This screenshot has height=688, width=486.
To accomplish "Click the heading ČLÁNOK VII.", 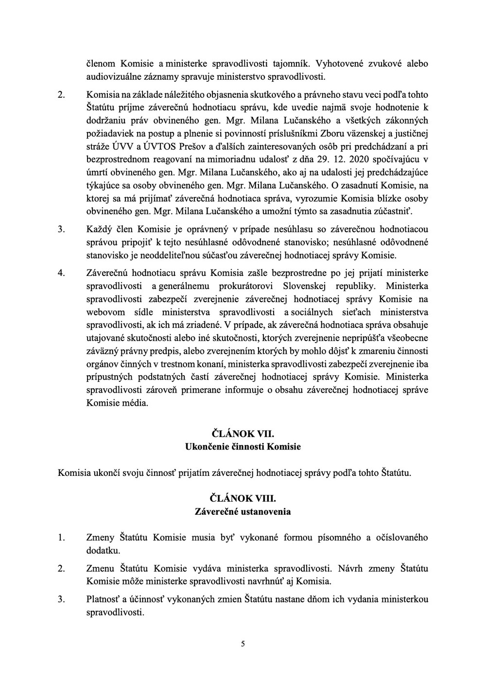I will (243, 434).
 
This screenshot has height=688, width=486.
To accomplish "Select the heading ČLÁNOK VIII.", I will (243, 499).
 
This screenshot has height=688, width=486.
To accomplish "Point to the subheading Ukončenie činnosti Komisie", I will (243, 446).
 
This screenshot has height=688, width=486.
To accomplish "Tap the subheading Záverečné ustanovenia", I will (243, 511).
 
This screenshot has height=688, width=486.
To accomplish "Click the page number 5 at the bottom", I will (243, 644).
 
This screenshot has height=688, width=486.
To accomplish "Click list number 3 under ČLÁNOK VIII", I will (61, 599).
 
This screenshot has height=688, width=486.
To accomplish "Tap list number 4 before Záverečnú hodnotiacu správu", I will (61, 272).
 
